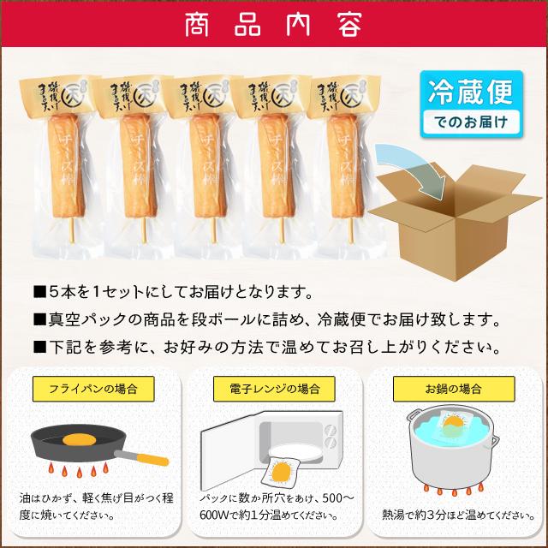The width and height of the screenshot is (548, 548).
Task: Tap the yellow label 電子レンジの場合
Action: pos(274,388)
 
